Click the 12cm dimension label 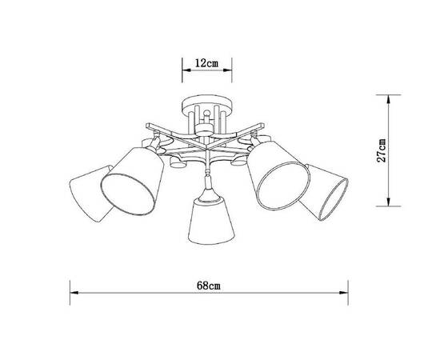click(x=206, y=62)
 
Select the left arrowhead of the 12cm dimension click(x=186, y=70)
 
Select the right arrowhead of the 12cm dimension click(x=227, y=70)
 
